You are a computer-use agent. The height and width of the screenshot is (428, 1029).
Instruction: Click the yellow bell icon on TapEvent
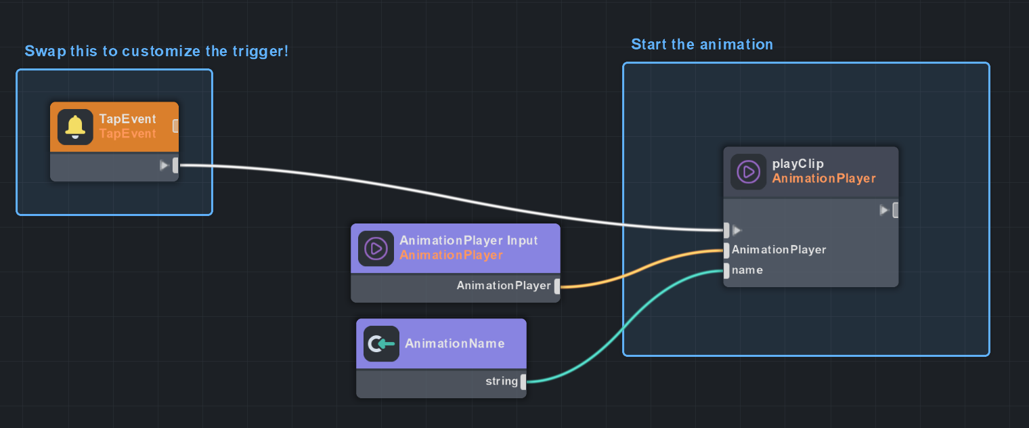(75, 127)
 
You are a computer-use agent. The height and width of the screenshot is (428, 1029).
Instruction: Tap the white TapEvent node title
(127, 119)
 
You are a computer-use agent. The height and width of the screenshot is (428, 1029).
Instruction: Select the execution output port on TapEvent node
(175, 165)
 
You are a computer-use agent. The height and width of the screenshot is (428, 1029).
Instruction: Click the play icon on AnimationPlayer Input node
(376, 249)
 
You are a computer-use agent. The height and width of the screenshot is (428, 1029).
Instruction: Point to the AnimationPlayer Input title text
(468, 240)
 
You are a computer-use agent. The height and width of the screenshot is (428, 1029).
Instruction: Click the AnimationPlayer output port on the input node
(557, 286)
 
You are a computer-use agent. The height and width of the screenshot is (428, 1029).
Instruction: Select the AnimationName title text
(454, 343)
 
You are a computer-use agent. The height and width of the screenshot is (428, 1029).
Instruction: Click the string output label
(501, 381)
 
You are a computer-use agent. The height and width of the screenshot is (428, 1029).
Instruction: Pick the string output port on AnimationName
(523, 382)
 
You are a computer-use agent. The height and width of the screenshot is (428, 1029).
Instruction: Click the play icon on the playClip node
(748, 171)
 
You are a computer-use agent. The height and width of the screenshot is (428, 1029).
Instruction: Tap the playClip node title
(789, 164)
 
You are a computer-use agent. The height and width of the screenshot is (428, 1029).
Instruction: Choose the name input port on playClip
(726, 271)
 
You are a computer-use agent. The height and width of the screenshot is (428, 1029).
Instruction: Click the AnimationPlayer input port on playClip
(726, 251)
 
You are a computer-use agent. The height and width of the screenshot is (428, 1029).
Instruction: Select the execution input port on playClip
(726, 230)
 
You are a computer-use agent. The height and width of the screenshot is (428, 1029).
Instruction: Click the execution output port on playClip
(896, 210)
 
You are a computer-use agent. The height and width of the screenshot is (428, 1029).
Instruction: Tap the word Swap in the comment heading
(45, 51)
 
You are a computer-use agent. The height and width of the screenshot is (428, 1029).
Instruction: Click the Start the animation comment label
(701, 45)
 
